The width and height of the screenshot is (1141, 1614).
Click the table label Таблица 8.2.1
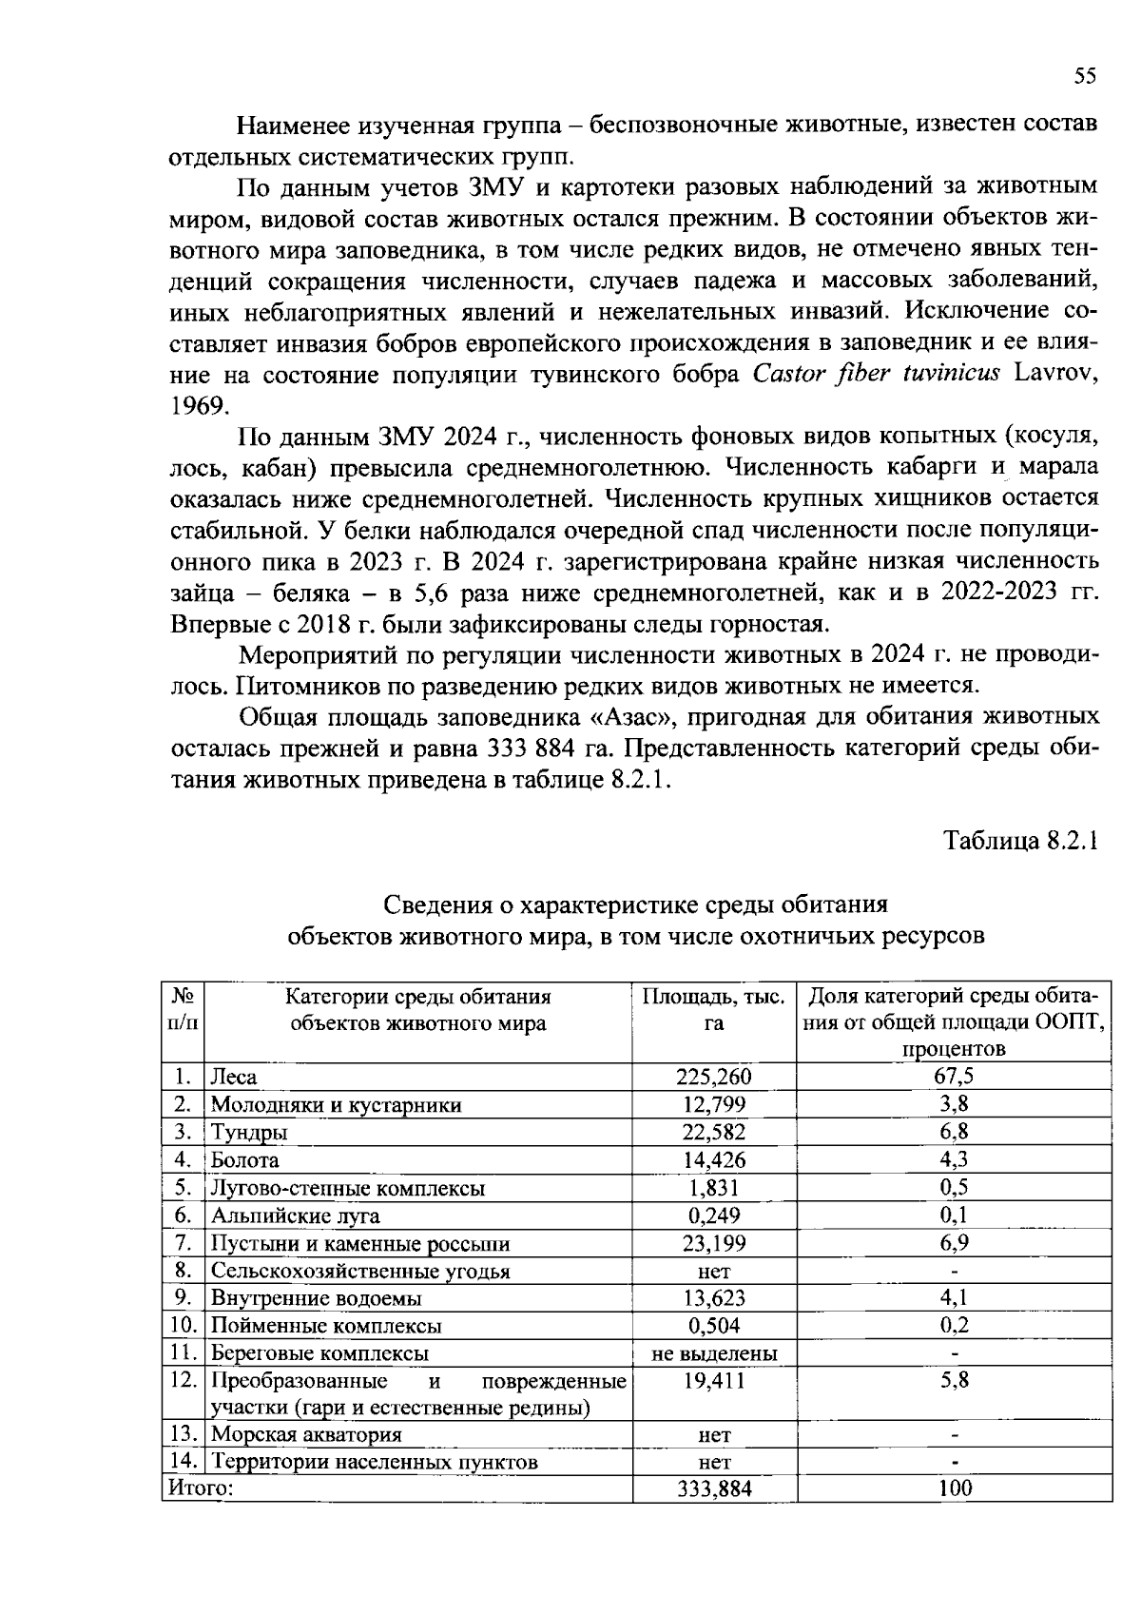[x=1020, y=841]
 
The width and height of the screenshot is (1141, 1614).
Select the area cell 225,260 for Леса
[x=713, y=1077]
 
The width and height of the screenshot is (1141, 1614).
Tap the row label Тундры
[x=249, y=1133]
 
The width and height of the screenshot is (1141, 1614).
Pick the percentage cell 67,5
[x=954, y=1077]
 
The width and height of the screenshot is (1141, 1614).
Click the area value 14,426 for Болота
[x=713, y=1160]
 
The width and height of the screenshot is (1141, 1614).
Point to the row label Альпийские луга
[x=295, y=1215]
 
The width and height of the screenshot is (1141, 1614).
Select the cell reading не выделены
[x=713, y=1353]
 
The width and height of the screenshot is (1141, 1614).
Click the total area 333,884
[x=713, y=1489]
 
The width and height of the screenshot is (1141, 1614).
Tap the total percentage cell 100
[x=954, y=1489]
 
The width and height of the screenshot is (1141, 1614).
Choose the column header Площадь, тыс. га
[x=713, y=1010]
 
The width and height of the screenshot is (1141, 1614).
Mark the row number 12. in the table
[x=184, y=1381]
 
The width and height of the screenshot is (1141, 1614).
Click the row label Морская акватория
[x=306, y=1435]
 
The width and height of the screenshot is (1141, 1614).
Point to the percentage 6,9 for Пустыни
[x=954, y=1243]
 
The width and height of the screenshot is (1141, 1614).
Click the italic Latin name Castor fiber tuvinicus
[x=876, y=374]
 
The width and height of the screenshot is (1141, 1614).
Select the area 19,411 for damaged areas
[x=713, y=1381]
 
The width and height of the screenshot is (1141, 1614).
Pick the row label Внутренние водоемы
[x=316, y=1298]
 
